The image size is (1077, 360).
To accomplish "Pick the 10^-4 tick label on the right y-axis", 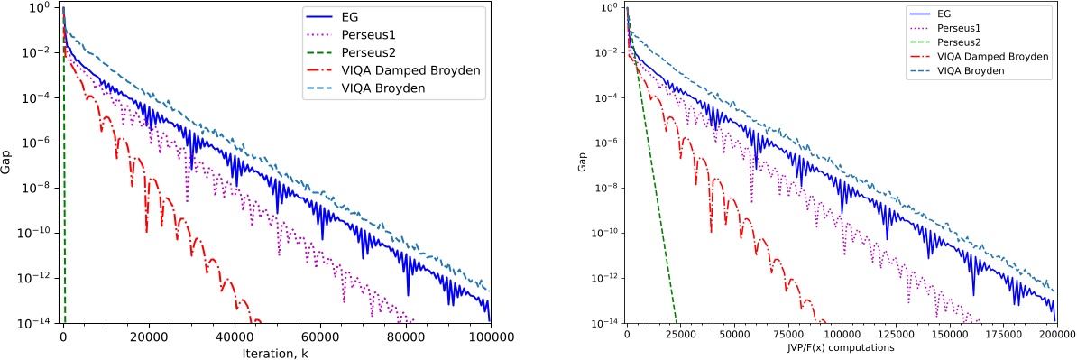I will pyautogui.click(x=607, y=97).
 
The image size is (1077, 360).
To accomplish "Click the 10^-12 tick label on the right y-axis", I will pyautogui.click(x=605, y=278).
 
